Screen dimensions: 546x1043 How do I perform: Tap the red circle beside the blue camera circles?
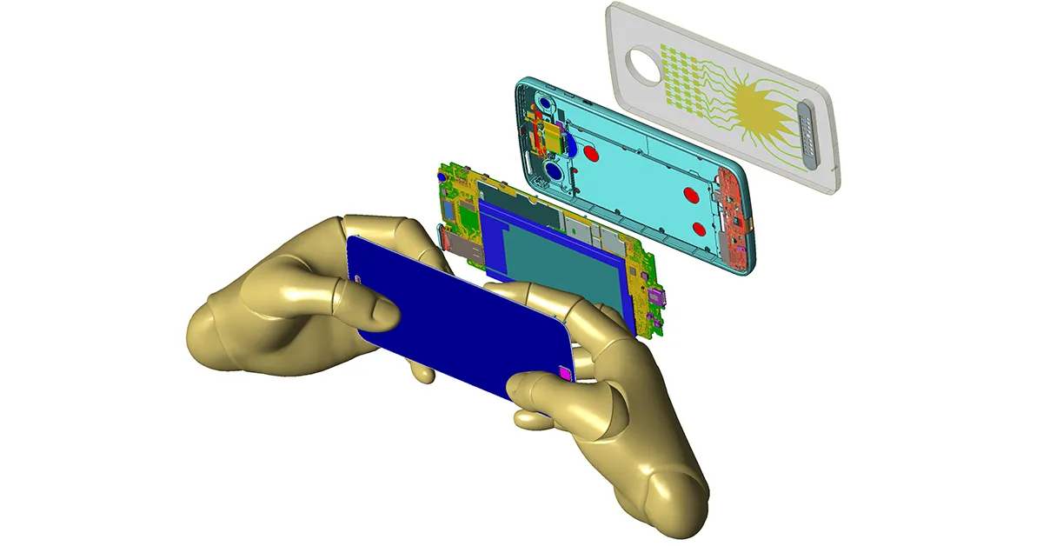593,154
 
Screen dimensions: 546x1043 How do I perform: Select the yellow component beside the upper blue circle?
549,132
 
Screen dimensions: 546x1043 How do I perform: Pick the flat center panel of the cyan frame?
643,174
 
